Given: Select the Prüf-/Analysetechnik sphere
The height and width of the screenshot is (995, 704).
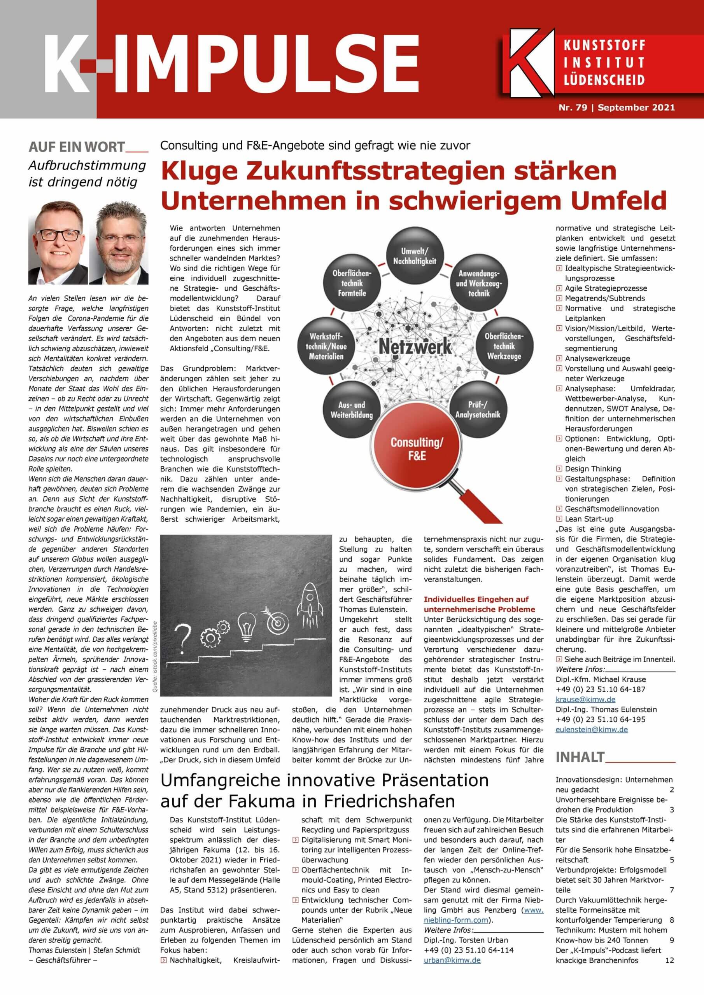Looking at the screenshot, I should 478,410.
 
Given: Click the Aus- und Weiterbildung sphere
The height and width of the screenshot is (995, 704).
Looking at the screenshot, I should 351,410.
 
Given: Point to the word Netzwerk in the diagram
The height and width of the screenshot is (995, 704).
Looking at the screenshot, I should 415,347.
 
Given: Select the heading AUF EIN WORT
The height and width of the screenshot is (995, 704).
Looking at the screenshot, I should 77,147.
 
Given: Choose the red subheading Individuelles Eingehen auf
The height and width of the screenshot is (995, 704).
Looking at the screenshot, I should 476,599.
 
